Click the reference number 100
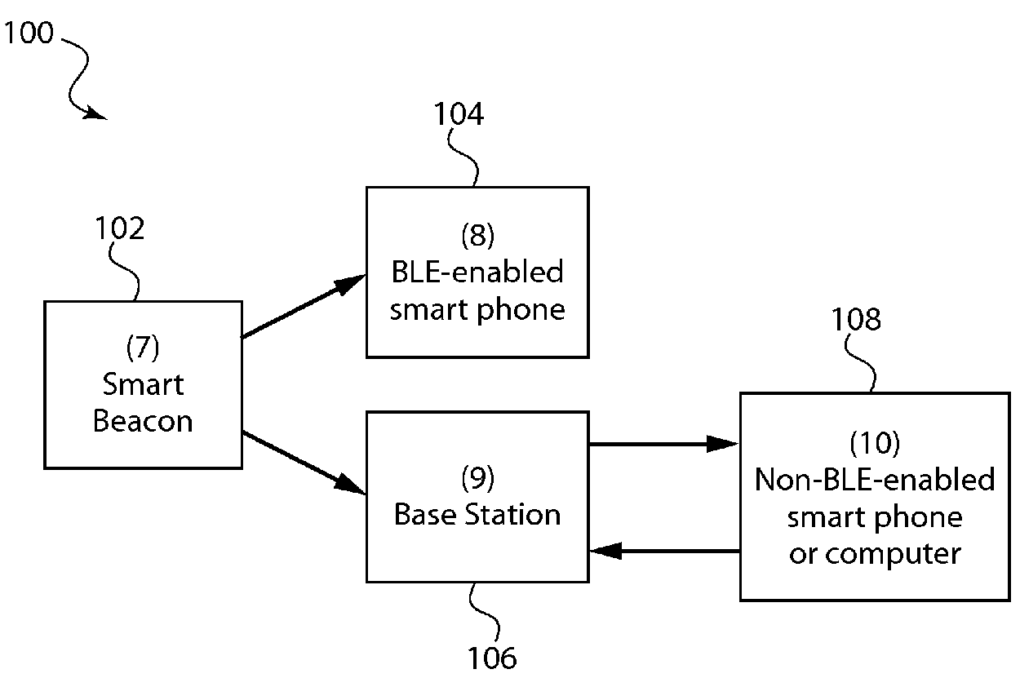coord(29,33)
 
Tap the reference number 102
coord(119,228)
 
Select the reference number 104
coord(458,113)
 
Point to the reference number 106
coord(492,658)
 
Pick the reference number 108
coord(856,319)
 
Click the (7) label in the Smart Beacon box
coord(143,348)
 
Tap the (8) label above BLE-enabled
coord(477,235)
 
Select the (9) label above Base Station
coord(477,478)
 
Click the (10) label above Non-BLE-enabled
coord(875,443)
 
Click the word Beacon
coord(143,421)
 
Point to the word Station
coord(512,515)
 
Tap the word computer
coord(893,555)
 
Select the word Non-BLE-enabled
coord(875,480)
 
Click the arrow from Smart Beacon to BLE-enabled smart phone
coord(304,306)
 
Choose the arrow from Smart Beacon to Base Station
coord(304,463)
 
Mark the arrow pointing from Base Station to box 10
coord(664,444)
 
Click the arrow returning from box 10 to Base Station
coord(665,551)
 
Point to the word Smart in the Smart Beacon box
coord(143,384)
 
